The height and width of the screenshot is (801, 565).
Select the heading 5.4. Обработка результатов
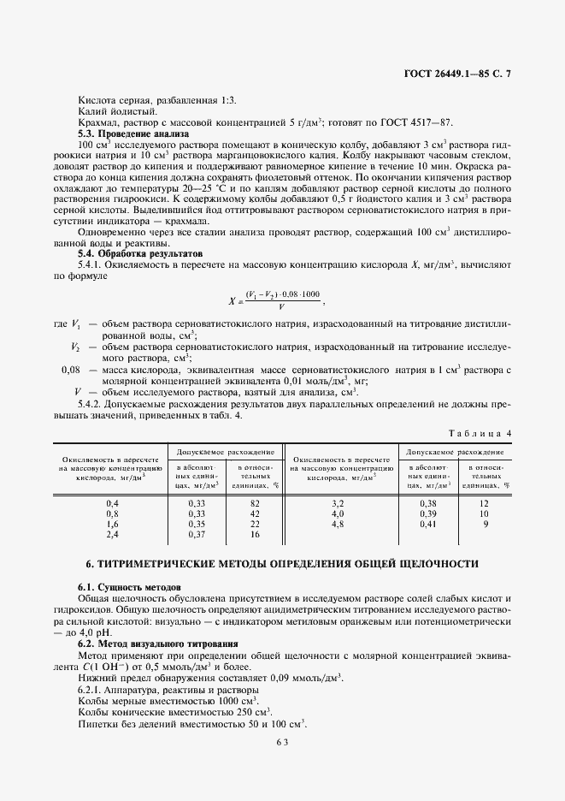tap(140, 254)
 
